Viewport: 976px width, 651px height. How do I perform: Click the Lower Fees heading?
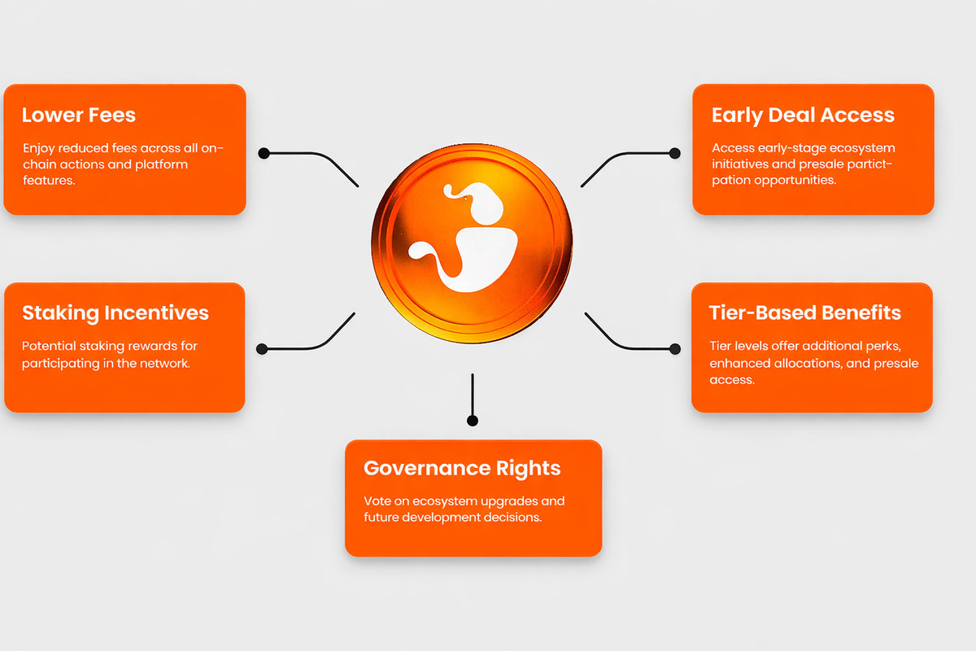(79, 115)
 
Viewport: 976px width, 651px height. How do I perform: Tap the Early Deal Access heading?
(803, 116)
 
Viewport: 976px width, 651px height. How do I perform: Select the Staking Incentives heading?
(115, 313)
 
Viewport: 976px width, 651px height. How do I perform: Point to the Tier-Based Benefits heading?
(804, 312)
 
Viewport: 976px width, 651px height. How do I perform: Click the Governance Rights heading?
(462, 469)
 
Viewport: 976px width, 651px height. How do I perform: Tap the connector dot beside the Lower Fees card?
(264, 153)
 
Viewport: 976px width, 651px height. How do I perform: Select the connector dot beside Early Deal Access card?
(675, 153)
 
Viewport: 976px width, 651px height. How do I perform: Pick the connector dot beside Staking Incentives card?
(262, 349)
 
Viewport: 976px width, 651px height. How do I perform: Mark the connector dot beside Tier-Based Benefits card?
(675, 349)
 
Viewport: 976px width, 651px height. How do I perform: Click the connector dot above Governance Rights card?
(473, 421)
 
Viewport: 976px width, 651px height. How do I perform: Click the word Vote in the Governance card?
(377, 501)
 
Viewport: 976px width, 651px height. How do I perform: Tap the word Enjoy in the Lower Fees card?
(39, 149)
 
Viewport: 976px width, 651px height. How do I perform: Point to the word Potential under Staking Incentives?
(49, 346)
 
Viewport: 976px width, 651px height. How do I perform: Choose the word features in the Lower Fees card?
(49, 180)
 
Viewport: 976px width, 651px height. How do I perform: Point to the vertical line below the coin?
(473, 395)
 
